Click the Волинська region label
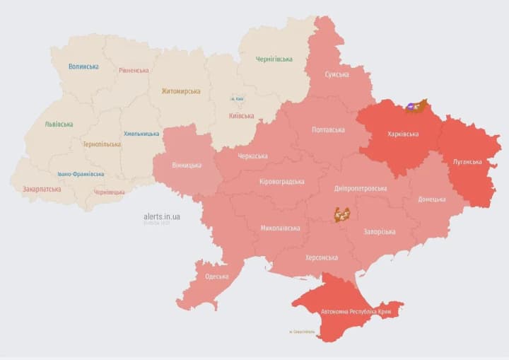83,66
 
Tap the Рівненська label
134,71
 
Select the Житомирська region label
180,91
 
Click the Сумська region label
337,74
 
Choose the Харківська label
403,134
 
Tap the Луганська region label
467,162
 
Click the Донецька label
432,199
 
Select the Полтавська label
328,130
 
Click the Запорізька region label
380,231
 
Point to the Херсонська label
321,258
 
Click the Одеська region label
216,277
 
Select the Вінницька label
187,166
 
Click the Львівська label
59,124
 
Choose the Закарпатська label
42,190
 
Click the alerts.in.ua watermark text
161,216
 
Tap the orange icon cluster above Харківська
416,107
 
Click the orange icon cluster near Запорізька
342,214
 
